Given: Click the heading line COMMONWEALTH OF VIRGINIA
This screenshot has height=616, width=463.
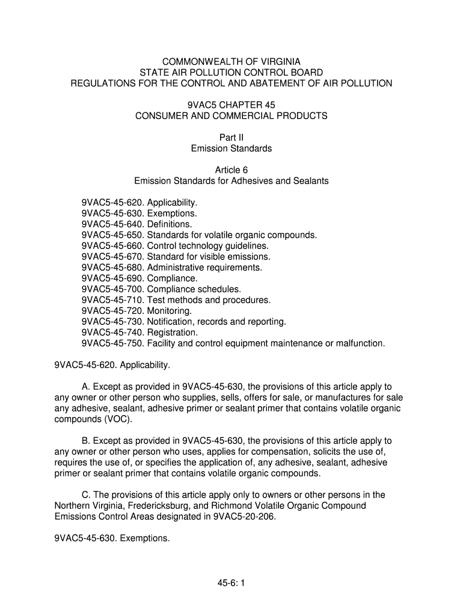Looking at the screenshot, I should (231, 61).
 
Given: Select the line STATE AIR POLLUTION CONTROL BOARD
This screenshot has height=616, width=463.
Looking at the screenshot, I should (231, 72).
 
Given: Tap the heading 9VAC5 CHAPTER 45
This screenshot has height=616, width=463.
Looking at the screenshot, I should (231, 105).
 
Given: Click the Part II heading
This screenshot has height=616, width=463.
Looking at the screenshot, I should (231, 137).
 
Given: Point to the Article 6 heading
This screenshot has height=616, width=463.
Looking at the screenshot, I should (231, 170).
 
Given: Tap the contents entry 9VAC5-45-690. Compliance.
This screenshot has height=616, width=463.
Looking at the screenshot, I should (140, 278).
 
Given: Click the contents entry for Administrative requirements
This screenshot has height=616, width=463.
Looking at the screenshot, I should (172, 267).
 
